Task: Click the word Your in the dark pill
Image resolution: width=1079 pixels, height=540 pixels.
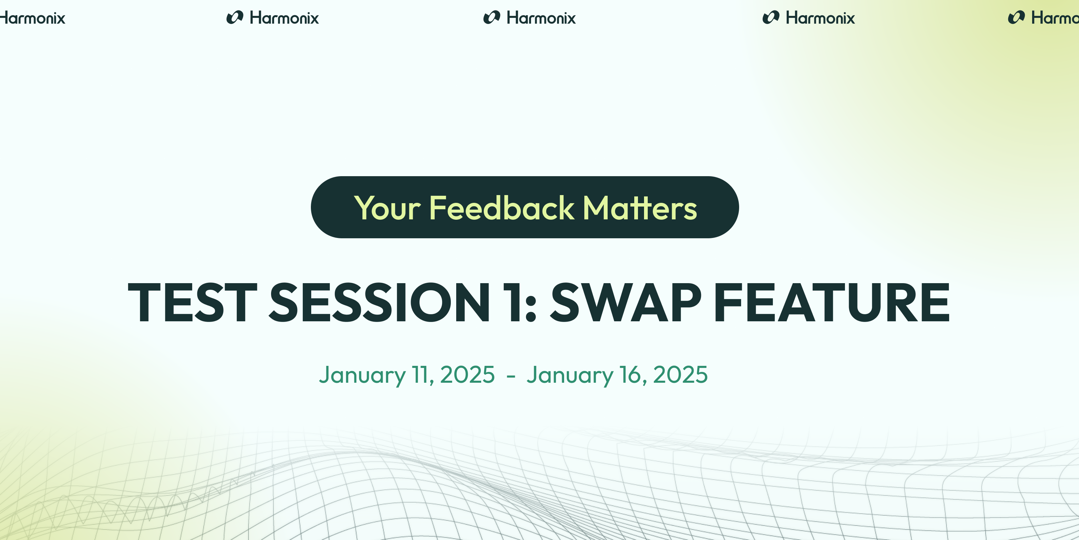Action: (387, 208)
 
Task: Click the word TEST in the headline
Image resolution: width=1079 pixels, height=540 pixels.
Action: (192, 302)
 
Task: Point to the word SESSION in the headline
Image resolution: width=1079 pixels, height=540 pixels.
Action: (379, 302)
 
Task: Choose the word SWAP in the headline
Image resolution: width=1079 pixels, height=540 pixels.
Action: (625, 302)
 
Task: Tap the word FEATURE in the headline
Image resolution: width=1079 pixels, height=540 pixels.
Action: (832, 302)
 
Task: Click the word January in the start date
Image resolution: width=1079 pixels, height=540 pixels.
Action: (362, 376)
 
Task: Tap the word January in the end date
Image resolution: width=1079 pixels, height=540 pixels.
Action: (570, 376)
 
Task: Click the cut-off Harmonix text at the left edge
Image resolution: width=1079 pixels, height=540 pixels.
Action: (32, 18)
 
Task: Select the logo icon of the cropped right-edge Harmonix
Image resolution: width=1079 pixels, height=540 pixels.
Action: (1016, 18)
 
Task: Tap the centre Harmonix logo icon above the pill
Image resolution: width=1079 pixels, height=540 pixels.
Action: (492, 18)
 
